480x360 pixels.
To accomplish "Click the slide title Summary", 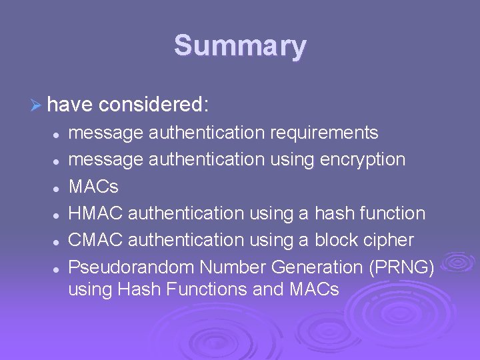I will coord(240,47).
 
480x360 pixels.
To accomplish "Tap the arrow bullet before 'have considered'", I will coord(38,105).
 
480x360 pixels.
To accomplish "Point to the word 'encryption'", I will coord(363,160).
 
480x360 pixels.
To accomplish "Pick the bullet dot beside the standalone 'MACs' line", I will coord(58,187).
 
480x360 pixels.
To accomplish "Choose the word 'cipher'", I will coord(390,240).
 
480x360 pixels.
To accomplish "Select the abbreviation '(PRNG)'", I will coord(401,267).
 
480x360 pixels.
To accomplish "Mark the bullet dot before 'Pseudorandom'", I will coord(58,268).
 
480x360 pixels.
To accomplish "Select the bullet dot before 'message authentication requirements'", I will coord(58,134).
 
